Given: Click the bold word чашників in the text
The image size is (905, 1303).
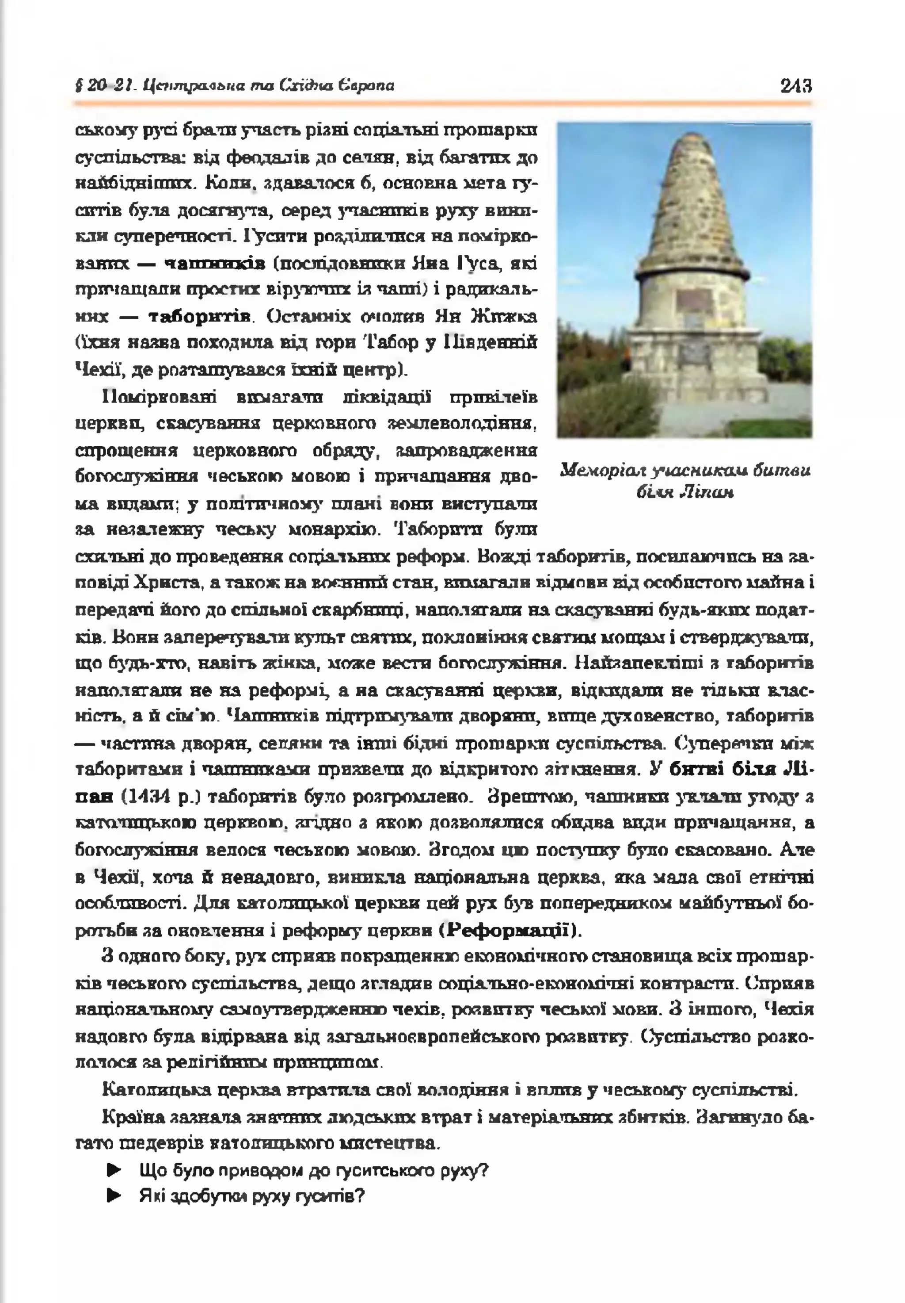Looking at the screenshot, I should click(x=215, y=264).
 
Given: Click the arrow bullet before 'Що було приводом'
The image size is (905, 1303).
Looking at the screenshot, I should click(x=114, y=1171).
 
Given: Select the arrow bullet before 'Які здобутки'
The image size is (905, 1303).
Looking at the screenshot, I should click(x=114, y=1197).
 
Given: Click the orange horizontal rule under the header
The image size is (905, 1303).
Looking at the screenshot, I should click(x=442, y=104).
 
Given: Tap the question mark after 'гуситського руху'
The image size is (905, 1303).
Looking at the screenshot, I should click(x=484, y=1171).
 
